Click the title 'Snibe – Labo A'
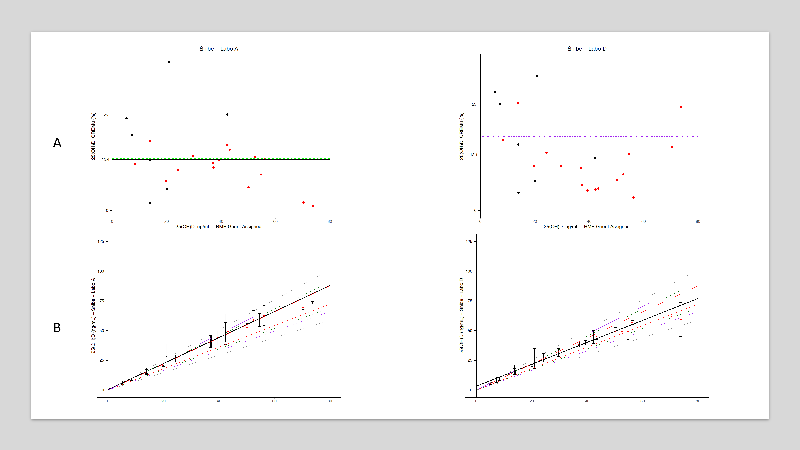tap(219, 49)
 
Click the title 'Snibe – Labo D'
tap(587, 49)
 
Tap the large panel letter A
tap(57, 143)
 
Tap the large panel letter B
tap(57, 328)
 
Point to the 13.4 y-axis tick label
tap(106, 159)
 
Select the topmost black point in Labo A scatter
tap(169, 62)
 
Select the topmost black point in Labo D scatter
tap(537, 76)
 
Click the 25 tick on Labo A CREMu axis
tap(106, 115)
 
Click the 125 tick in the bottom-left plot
tap(101, 241)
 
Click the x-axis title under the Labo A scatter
tap(218, 227)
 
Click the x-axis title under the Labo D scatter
tap(586, 227)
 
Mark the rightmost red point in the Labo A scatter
tap(313, 206)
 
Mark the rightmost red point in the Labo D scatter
tap(681, 107)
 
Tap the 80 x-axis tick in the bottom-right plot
tap(698, 401)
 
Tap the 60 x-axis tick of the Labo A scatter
tap(275, 221)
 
